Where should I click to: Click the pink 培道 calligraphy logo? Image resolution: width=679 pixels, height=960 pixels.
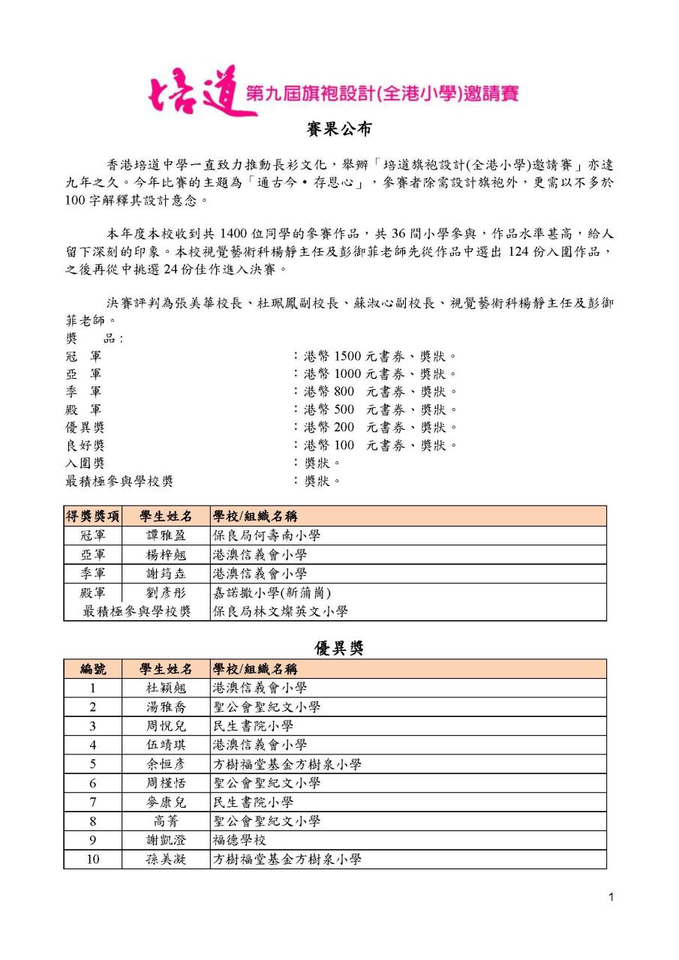click(x=202, y=92)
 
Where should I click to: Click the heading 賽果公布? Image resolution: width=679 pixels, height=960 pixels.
click(x=339, y=129)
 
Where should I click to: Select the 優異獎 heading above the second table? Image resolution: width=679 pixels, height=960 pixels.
click(x=339, y=648)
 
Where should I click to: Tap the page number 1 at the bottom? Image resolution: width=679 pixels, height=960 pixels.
click(x=611, y=898)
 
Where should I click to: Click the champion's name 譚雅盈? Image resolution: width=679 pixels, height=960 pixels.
click(x=166, y=535)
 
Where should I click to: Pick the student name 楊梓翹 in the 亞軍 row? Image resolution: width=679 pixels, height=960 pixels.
click(x=166, y=555)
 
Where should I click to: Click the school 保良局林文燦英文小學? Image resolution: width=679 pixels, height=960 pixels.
click(x=280, y=611)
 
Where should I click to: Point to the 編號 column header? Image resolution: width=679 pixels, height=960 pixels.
click(x=93, y=669)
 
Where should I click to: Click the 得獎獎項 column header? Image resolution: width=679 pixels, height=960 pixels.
click(x=93, y=517)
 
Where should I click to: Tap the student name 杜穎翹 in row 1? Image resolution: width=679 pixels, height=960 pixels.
click(x=166, y=688)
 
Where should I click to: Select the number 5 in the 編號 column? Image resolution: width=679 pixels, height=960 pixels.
click(x=93, y=764)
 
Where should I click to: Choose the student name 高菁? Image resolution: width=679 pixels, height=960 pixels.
click(x=166, y=821)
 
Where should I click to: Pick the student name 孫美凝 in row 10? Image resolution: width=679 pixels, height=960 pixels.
click(x=166, y=859)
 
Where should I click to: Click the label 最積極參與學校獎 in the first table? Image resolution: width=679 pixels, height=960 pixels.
click(x=137, y=611)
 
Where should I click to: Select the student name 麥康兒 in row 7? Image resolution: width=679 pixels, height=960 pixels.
click(x=166, y=802)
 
